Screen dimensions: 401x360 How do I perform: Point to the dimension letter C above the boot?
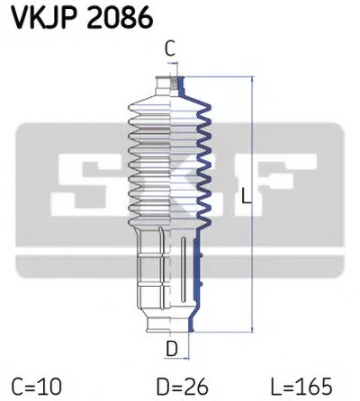pyautogui.click(x=170, y=49)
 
